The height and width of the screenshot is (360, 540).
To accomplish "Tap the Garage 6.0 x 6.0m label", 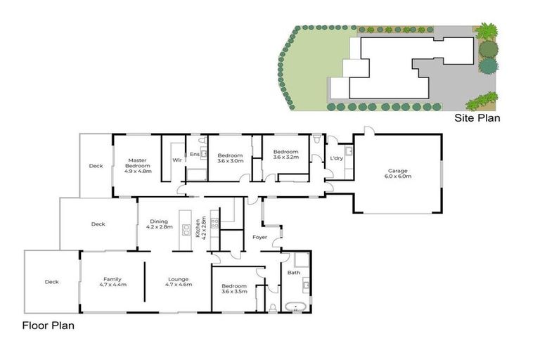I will [x=399, y=174].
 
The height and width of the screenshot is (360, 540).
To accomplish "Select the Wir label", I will [x=177, y=160].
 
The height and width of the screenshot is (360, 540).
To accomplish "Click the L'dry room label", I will [x=336, y=158].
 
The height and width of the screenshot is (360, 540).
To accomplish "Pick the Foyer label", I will [x=259, y=238].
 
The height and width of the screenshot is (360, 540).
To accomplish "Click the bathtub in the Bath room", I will [x=296, y=305].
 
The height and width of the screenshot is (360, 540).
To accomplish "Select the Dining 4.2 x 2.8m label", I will [x=159, y=224].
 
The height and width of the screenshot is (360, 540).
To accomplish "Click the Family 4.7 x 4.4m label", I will [x=112, y=282].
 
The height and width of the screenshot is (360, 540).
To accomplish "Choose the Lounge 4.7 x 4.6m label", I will [x=179, y=282].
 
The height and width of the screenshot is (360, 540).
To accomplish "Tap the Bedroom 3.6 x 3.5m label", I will [x=233, y=289].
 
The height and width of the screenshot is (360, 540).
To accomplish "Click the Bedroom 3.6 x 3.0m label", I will [x=230, y=158].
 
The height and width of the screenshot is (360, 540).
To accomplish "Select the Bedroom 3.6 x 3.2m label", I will [x=286, y=155].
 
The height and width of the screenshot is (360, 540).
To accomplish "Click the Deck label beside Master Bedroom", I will [x=96, y=166].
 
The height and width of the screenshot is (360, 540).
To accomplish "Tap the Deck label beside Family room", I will [x=51, y=282].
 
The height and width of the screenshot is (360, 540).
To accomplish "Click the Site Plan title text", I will [x=477, y=118].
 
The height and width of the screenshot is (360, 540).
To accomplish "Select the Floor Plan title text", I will [x=48, y=326].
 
